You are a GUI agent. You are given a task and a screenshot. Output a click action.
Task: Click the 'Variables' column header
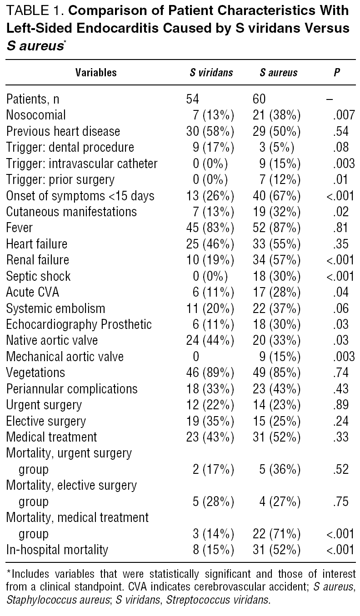pyautogui.click(x=96, y=73)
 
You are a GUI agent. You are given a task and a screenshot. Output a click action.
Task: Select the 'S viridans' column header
pyautogui.click(x=211, y=73)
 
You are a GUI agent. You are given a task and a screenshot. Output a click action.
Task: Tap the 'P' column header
pyautogui.click(x=337, y=73)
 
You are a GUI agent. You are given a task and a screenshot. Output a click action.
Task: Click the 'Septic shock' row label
pyautogui.click(x=38, y=276)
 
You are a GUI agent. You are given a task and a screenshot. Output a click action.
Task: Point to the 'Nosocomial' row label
pyautogui.click(x=36, y=115)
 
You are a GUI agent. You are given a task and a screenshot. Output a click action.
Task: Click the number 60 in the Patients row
pyautogui.click(x=259, y=99)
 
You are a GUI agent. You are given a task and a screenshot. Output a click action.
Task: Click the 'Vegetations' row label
pyautogui.click(x=35, y=373)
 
